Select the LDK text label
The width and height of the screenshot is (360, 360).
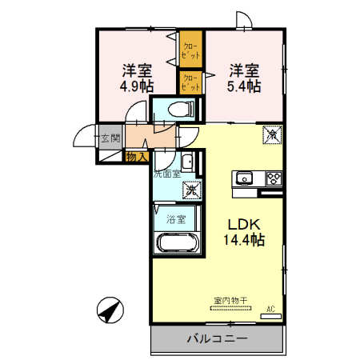[x=245, y=223]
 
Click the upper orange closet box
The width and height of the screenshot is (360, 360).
[x=190, y=50]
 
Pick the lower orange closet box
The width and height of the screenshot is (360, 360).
[x=190, y=82]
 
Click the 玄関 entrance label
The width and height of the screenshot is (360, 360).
[x=110, y=138]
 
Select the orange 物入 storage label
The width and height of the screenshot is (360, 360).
[x=137, y=157]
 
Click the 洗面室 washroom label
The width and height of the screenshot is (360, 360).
[x=166, y=173]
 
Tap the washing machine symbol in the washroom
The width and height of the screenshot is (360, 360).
[x=191, y=190]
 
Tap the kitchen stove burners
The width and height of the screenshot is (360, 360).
[x=273, y=177]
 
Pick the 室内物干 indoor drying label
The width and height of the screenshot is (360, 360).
[x=230, y=301]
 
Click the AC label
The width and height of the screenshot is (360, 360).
[x=270, y=307]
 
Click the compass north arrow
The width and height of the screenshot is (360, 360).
[x=111, y=310]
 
